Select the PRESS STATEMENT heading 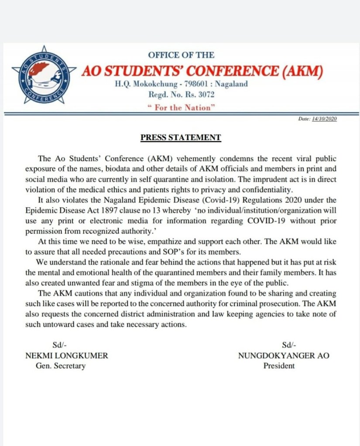click(x=181, y=138)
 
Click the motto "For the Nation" click(x=182, y=108)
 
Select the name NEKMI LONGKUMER click(x=67, y=356)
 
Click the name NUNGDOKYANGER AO click(x=284, y=356)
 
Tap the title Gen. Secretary click(x=61, y=366)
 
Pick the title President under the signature click(x=279, y=366)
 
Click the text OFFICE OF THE click(x=181, y=55)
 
